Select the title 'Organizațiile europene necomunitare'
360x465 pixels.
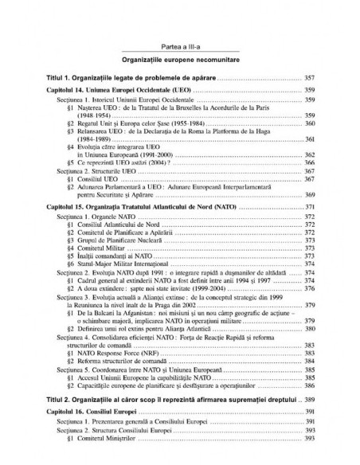[x=179, y=61]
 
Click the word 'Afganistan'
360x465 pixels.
[x=131, y=314]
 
